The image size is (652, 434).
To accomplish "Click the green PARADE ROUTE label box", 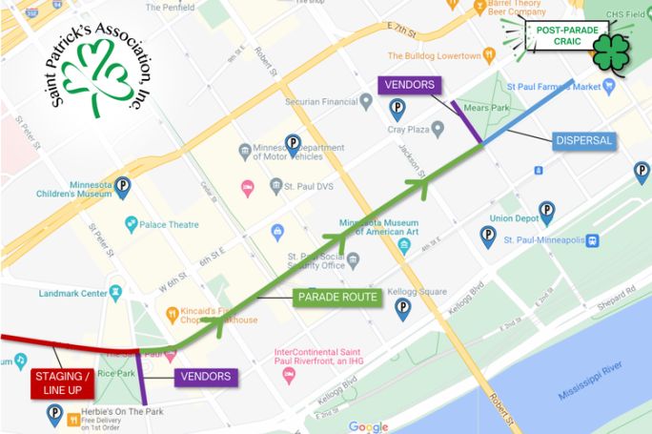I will (336, 299).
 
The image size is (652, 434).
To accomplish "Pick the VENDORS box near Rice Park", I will (205, 377).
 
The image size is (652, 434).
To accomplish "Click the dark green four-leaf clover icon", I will (612, 52).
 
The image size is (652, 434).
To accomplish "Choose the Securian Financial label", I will (321, 101).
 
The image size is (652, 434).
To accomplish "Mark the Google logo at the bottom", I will (368, 426).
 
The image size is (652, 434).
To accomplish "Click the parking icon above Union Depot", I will (546, 210).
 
